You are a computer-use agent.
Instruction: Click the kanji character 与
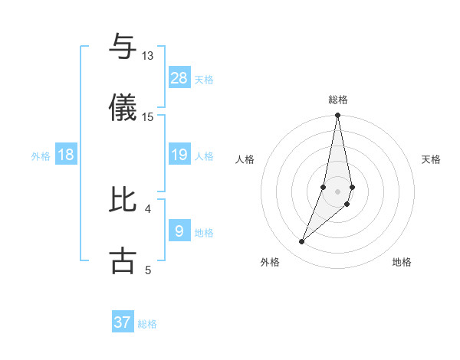click(123, 47)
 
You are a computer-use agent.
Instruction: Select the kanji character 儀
click(123, 107)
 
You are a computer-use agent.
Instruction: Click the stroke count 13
click(147, 56)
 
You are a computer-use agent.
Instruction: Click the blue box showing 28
click(179, 77)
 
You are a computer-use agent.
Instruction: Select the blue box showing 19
click(179, 155)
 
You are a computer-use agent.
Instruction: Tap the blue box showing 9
click(179, 231)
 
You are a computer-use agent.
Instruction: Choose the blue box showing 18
click(66, 155)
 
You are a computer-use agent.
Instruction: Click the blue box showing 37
click(123, 322)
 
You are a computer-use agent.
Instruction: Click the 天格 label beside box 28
click(204, 79)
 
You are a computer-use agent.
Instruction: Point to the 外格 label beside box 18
click(41, 156)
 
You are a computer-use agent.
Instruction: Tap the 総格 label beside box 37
click(147, 324)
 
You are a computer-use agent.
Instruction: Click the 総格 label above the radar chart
click(338, 100)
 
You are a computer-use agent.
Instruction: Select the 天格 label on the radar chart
click(432, 159)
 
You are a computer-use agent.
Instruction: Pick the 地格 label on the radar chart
click(402, 262)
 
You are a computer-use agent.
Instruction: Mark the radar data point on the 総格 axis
click(338, 116)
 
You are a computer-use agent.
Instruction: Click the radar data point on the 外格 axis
click(302, 242)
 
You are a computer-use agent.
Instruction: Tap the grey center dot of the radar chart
click(338, 191)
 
